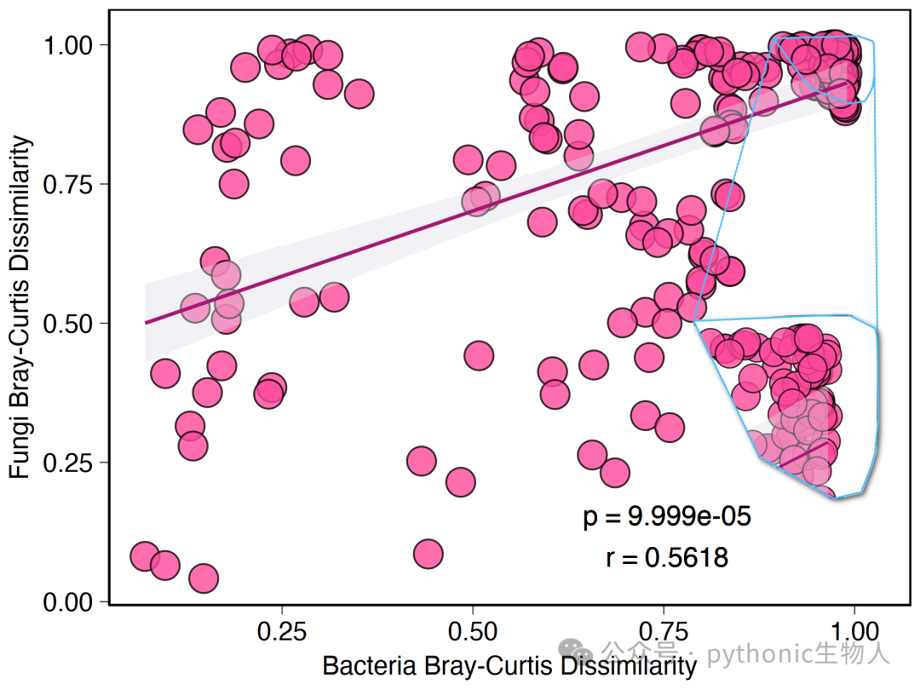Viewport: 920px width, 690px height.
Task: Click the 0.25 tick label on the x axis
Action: [x=282, y=631]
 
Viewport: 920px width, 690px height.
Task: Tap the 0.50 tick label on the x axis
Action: [x=472, y=631]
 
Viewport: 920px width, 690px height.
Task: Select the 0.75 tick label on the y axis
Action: [x=68, y=184]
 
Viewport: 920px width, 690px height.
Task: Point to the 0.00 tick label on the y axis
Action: [x=68, y=602]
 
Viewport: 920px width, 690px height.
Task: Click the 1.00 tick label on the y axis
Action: [x=68, y=45]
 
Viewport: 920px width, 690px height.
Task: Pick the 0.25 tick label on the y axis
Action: [x=68, y=463]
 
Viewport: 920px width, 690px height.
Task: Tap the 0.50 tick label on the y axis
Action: [x=68, y=324]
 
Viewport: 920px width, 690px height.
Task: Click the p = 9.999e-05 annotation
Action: [x=667, y=517]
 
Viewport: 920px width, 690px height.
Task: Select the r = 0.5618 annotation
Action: [x=667, y=557]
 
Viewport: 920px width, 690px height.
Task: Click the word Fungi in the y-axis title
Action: [x=20, y=443]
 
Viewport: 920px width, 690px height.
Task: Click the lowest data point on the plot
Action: [x=204, y=578]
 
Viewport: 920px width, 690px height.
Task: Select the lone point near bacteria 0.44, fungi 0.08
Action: [x=428, y=554]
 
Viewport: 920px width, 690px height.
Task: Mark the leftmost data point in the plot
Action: [x=145, y=556]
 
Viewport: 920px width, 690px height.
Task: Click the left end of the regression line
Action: [x=146, y=323]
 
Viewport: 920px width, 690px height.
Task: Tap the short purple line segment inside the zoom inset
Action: [x=803, y=455]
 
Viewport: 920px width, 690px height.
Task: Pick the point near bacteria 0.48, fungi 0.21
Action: [x=461, y=482]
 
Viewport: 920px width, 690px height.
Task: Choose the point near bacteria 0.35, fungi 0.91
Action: [x=359, y=94]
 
